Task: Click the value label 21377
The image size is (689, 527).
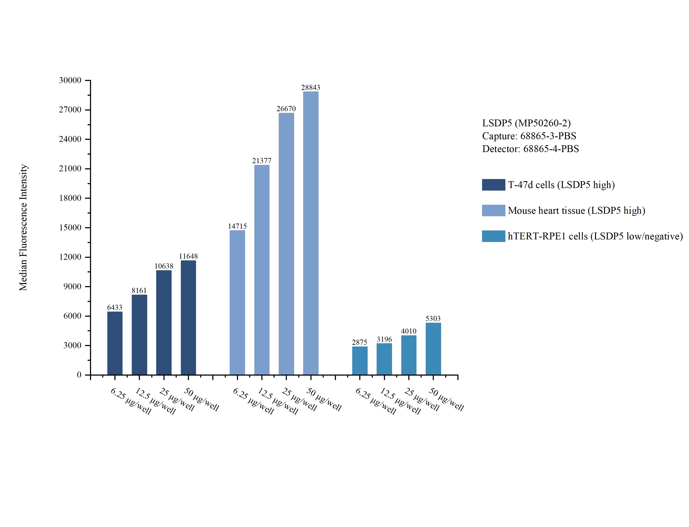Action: (x=262, y=161)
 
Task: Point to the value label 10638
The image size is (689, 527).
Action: (x=164, y=266)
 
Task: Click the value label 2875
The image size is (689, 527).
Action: (x=359, y=342)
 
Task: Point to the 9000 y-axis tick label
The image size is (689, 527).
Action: (x=72, y=286)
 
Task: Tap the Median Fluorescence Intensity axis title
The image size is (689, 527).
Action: (x=23, y=227)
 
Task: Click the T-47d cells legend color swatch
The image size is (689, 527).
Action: (x=493, y=185)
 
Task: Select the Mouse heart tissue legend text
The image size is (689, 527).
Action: (x=576, y=211)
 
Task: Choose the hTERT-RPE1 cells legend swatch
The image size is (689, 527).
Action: (x=493, y=236)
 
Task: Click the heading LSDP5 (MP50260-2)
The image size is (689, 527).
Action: (x=526, y=123)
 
